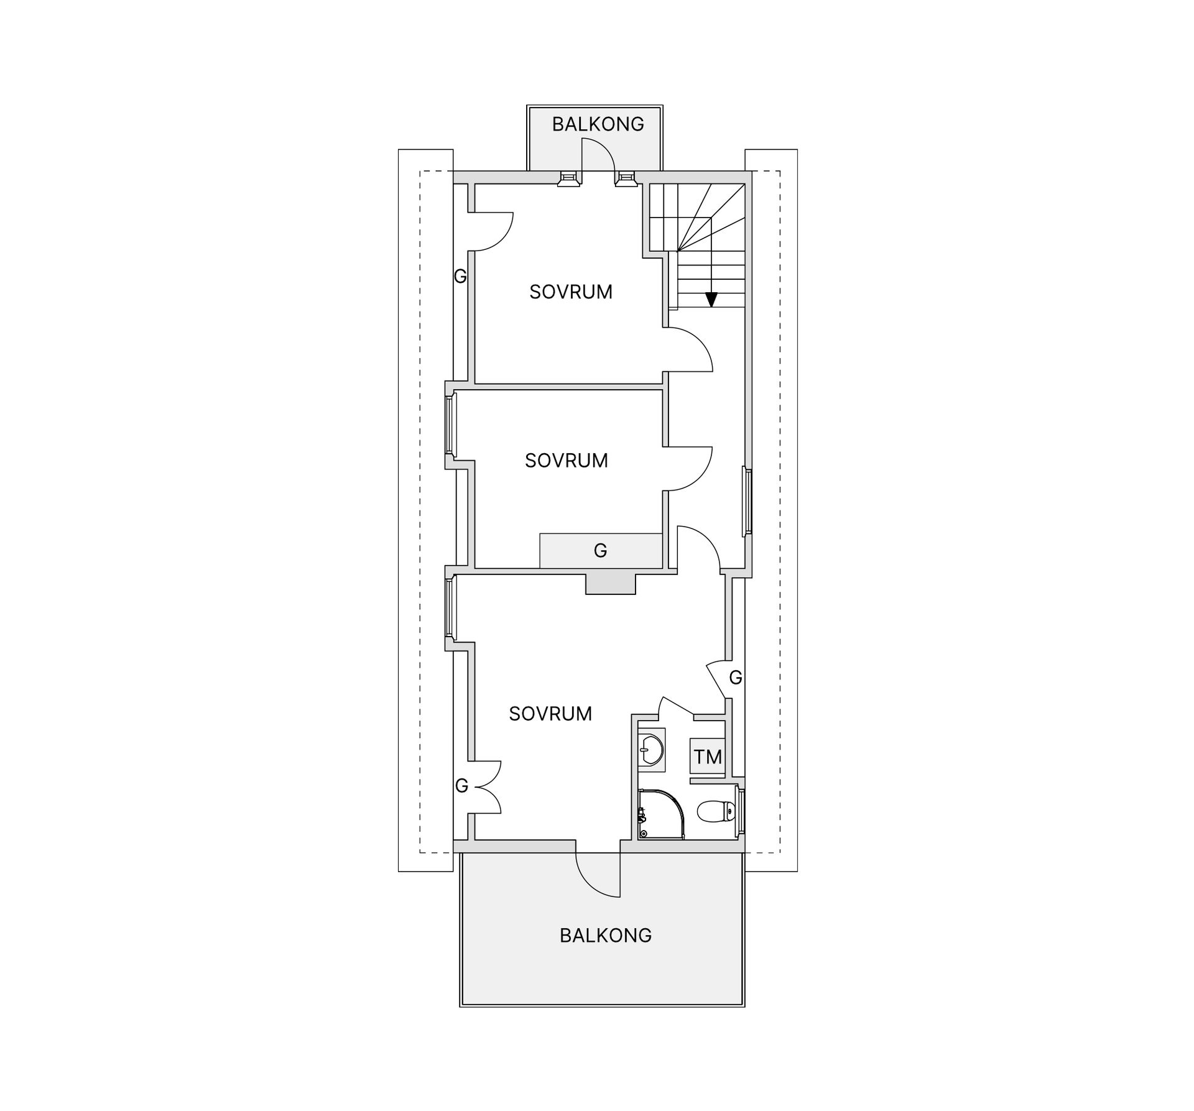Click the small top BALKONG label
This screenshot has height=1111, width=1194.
pyautogui.click(x=598, y=124)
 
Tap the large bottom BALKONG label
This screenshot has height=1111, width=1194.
pyautogui.click(x=606, y=936)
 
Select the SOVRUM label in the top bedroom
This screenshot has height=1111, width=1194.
pyautogui.click(x=571, y=292)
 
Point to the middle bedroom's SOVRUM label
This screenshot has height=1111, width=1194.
pyautogui.click(x=567, y=461)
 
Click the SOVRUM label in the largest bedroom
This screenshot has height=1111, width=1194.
pyautogui.click(x=550, y=714)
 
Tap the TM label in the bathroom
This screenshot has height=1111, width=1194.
pyautogui.click(x=708, y=757)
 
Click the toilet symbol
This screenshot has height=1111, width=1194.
pyautogui.click(x=716, y=811)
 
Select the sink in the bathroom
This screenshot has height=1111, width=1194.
pyautogui.click(x=651, y=749)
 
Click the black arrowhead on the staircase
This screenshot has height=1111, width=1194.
pyautogui.click(x=711, y=300)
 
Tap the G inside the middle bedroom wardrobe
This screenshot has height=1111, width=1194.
pyautogui.click(x=600, y=551)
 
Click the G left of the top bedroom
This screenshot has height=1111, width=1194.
pyautogui.click(x=460, y=276)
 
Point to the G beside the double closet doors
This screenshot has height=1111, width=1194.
pyautogui.click(x=461, y=786)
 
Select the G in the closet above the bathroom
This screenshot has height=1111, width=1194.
pyautogui.click(x=736, y=678)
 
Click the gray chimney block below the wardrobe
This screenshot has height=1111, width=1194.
pyautogui.click(x=611, y=584)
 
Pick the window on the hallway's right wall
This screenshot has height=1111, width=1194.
pyautogui.click(x=747, y=502)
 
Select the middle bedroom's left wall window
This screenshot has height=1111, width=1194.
pyautogui.click(x=451, y=425)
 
